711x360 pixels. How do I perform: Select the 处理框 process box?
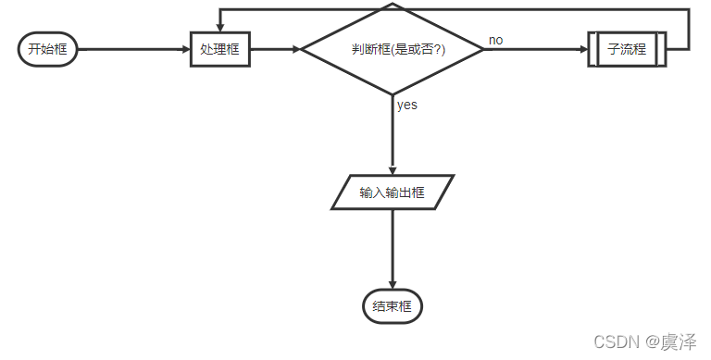click(219, 49)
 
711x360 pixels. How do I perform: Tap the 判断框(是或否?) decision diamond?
click(393, 49)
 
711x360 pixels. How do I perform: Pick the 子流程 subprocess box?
click(627, 49)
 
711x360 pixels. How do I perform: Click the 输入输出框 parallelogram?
click(393, 192)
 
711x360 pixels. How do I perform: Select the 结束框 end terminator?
click(393, 306)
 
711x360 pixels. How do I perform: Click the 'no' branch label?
click(496, 40)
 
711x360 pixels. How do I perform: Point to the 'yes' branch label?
click(407, 105)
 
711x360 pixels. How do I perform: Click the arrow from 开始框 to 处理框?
click(130, 49)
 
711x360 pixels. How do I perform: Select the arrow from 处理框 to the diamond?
click(275, 49)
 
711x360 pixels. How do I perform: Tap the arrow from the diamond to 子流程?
click(535, 49)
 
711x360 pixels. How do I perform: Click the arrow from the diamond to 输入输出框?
click(393, 134)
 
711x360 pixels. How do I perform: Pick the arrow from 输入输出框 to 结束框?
click(393, 248)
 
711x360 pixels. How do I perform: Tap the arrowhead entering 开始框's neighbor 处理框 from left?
click(184, 49)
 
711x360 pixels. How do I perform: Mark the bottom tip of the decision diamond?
click(393, 93)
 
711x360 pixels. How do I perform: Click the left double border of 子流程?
click(592, 49)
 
